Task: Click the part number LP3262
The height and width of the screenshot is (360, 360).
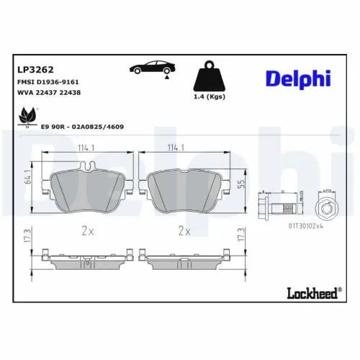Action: point(32,70)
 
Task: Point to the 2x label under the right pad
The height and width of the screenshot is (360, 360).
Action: point(184,231)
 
